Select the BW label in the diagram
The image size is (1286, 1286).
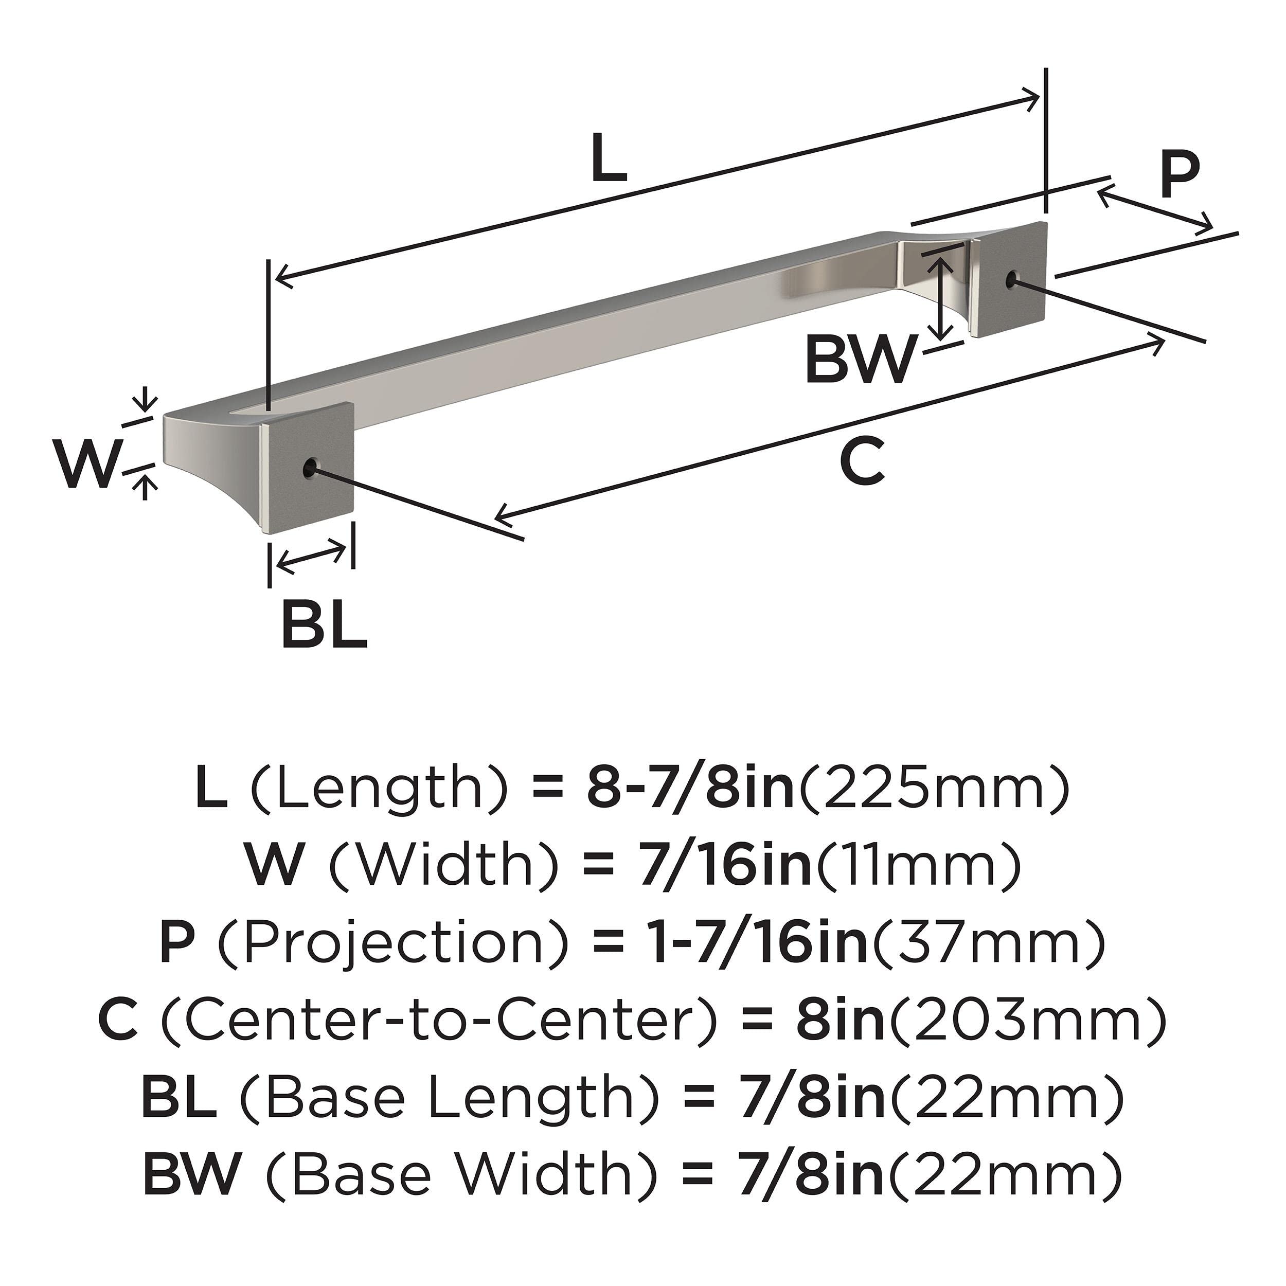pos(860,360)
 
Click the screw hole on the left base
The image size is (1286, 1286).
pos(310,467)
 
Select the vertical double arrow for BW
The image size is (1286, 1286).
pos(940,299)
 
